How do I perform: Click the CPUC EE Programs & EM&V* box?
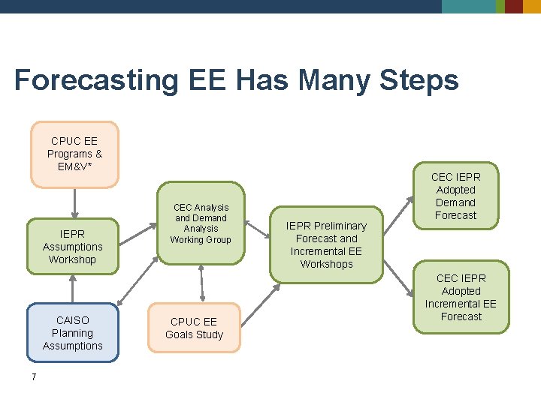[74, 154]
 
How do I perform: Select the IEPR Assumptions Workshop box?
[72, 247]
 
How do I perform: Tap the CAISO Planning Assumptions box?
[73, 333]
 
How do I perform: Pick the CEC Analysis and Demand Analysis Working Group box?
[201, 223]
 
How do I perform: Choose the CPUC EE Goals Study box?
[194, 328]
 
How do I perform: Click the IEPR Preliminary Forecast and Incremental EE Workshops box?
[327, 244]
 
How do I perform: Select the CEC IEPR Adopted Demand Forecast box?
[455, 196]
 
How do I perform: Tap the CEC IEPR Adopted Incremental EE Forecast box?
[461, 297]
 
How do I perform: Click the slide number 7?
[34, 376]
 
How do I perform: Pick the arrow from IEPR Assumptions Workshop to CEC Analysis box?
[139, 232]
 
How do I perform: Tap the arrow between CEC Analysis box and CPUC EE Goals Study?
[201, 283]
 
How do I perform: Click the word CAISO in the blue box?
[73, 320]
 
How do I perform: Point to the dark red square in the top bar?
[514, 7]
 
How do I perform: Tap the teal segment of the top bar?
[468, 7]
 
